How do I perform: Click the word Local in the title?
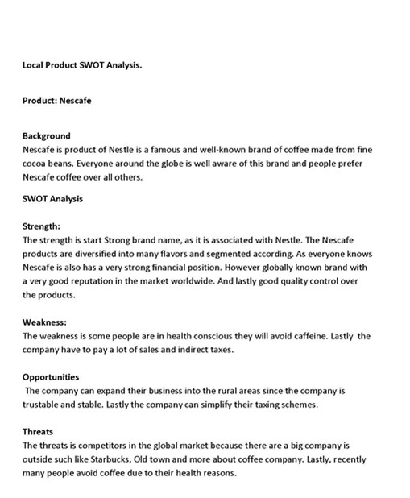[35, 64]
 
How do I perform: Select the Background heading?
[46, 135]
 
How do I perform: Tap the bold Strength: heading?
[41, 226]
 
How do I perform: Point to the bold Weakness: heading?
[43, 322]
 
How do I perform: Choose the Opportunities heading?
[50, 376]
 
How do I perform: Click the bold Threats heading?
[37, 431]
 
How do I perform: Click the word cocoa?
[36, 164]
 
